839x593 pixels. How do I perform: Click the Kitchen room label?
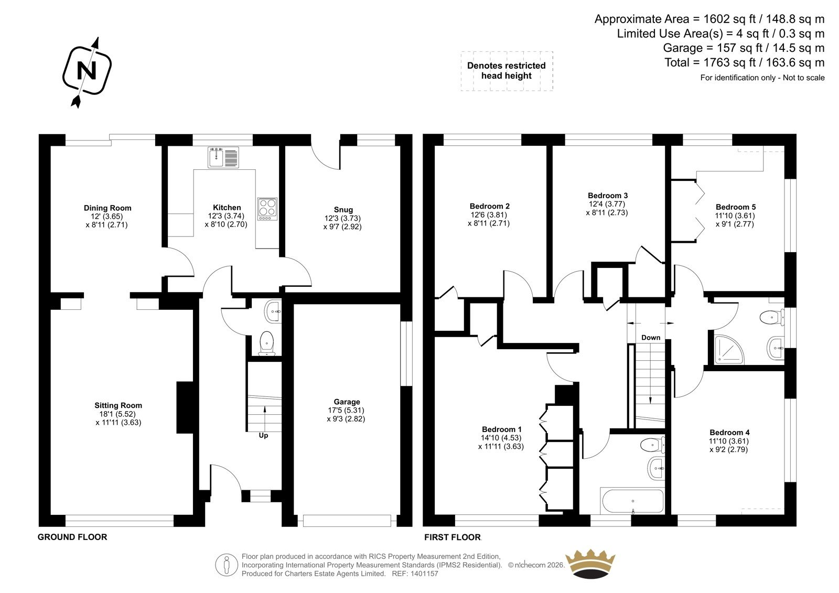(x=227, y=208)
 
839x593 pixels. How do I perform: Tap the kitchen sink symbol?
(x=223, y=157)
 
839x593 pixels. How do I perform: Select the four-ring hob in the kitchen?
(x=267, y=209)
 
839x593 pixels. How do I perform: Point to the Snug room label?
(x=343, y=210)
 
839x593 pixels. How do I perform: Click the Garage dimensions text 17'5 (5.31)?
(x=346, y=410)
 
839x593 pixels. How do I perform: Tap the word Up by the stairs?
(x=263, y=436)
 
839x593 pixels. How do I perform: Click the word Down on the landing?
(x=651, y=338)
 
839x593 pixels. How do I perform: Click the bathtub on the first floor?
(x=632, y=501)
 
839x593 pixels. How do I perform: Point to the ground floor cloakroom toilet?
(x=267, y=343)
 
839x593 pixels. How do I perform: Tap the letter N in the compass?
(x=87, y=70)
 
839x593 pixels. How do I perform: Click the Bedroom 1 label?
(x=501, y=429)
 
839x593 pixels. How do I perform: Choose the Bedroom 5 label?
(x=736, y=207)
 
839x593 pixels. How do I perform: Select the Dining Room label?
(x=107, y=208)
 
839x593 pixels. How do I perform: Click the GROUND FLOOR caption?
(x=72, y=537)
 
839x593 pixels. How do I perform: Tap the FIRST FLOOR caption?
(x=453, y=537)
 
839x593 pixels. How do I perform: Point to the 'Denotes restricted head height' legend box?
(x=507, y=71)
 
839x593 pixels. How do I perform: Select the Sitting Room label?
(x=118, y=405)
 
